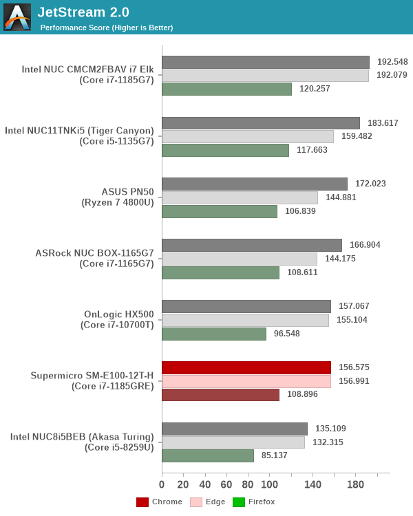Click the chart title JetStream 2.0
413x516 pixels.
point(83,12)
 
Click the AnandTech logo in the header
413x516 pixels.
point(17,17)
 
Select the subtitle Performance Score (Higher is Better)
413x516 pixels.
point(107,28)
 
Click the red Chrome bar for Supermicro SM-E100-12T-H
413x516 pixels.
point(246,367)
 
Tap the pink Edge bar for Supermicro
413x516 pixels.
point(246,381)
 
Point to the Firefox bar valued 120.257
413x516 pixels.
point(226,89)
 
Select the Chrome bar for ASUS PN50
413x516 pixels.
point(255,184)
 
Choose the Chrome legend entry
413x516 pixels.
point(160,502)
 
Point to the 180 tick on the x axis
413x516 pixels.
point(355,484)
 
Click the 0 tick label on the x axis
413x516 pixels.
point(162,484)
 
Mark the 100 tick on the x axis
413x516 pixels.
point(269,484)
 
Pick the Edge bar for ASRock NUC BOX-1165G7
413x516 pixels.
point(240,259)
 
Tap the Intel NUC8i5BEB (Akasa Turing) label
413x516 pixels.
point(82,442)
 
